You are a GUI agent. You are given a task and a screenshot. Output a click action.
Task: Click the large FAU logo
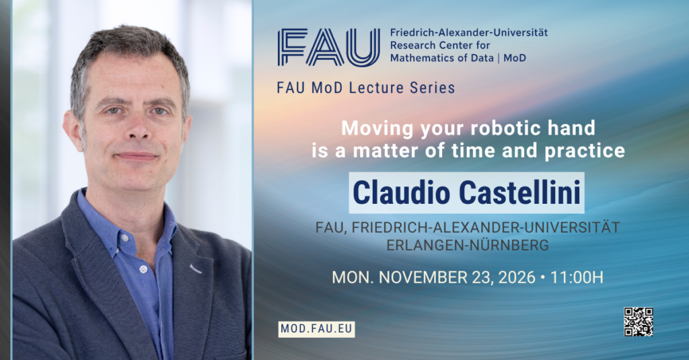pyautogui.click(x=328, y=48)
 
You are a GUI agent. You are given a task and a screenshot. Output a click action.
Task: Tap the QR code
pyautogui.click(x=639, y=322)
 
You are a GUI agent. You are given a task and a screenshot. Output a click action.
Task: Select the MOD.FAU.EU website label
pyautogui.click(x=316, y=329)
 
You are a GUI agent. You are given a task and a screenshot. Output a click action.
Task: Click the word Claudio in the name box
pyautogui.click(x=402, y=192)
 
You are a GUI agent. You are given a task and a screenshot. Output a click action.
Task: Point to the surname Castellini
pyautogui.click(x=520, y=192)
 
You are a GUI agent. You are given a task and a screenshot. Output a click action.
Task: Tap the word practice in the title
pyautogui.click(x=585, y=151)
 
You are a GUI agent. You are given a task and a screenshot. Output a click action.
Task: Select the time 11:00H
pyautogui.click(x=577, y=277)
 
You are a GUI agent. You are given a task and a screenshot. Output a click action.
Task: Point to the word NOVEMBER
pyautogui.click(x=421, y=277)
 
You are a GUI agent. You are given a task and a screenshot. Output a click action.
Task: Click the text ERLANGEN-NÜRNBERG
pyautogui.click(x=468, y=245)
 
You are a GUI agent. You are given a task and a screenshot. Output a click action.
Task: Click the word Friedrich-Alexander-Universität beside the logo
pyautogui.click(x=469, y=32)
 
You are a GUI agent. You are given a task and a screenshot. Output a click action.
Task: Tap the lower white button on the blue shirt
pyautogui.click(x=143, y=268)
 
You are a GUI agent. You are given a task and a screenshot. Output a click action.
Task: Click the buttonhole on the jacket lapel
pyautogui.click(x=196, y=268)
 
